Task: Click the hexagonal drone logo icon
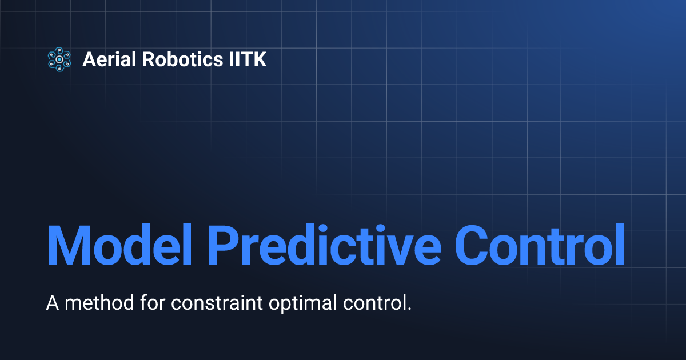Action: tap(59, 59)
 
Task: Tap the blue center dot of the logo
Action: tap(59, 59)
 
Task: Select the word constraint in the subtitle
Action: tap(209, 303)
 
